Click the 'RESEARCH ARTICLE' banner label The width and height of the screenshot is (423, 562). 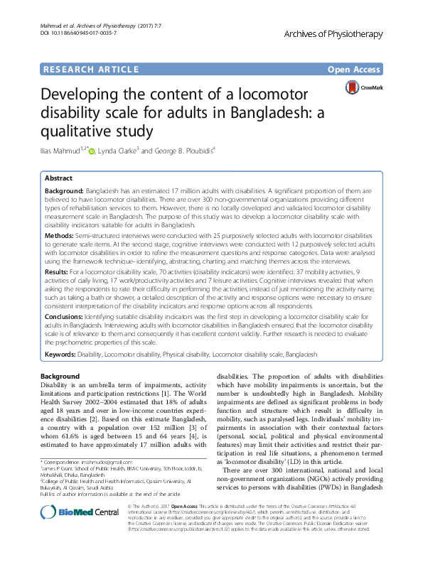tap(90, 69)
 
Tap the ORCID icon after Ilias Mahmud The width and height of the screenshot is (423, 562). tap(91, 151)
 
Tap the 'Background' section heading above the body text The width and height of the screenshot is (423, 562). tap(60, 376)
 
